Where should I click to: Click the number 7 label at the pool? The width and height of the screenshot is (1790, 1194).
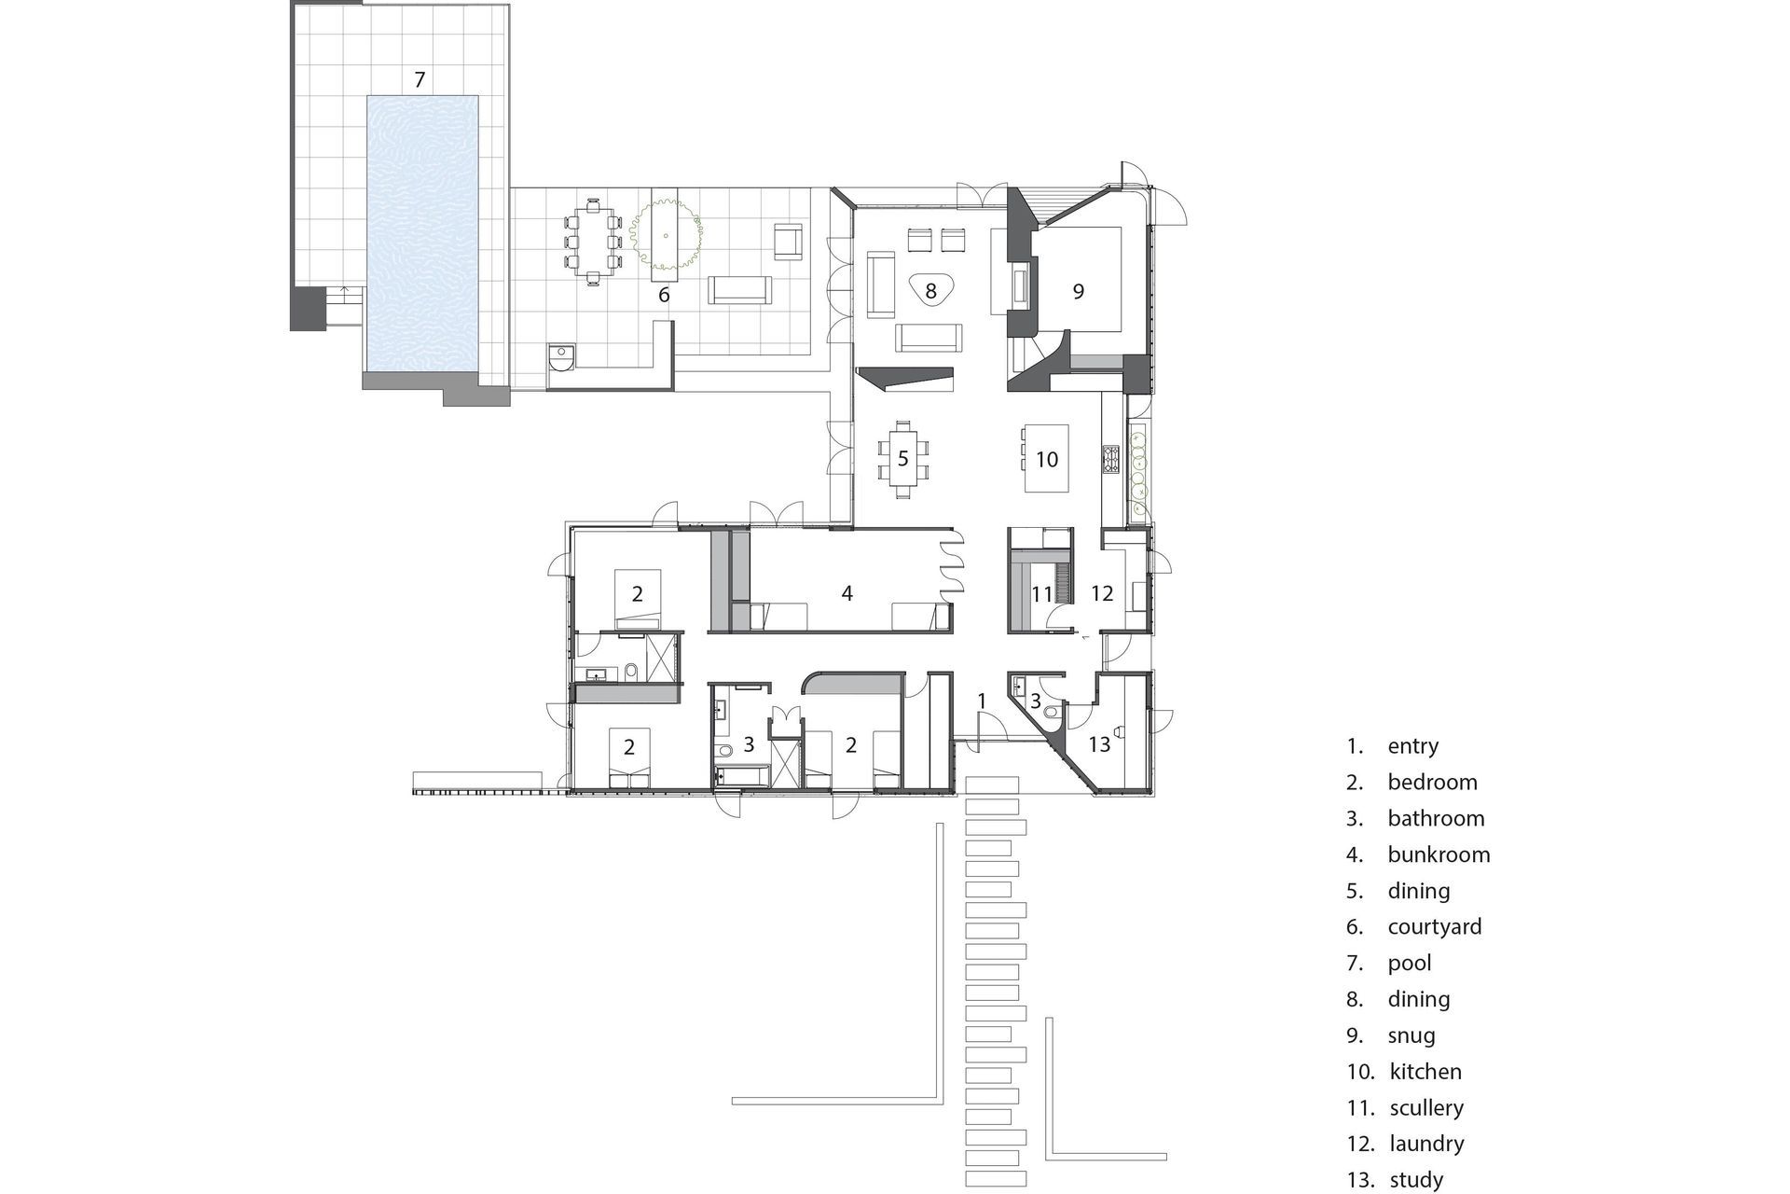(420, 79)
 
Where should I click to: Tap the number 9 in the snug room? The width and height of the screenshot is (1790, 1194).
(1079, 292)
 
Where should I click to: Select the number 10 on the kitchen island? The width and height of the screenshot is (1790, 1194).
(1047, 459)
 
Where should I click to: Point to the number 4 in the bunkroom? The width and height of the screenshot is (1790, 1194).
(847, 592)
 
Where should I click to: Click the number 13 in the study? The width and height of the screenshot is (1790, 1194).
(1100, 743)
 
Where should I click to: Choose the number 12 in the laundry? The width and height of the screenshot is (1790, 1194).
(1102, 592)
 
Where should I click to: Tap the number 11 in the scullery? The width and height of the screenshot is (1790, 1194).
(1041, 593)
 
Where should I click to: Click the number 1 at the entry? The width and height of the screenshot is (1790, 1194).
(982, 701)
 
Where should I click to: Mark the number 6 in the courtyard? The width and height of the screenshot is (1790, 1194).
(664, 295)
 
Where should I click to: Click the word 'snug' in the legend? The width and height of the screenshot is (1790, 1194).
(1411, 1035)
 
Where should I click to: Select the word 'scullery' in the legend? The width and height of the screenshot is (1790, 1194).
(1426, 1107)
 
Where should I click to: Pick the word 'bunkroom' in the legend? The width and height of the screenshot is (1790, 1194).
(1439, 854)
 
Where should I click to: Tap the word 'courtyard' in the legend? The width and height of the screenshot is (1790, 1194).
(1434, 927)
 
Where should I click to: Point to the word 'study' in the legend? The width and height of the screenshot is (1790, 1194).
(1416, 1180)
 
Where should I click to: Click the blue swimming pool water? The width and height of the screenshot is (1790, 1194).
(423, 233)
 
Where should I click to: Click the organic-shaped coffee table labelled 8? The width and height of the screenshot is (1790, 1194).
(930, 292)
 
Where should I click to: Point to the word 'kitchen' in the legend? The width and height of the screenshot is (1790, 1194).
(1425, 1072)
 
